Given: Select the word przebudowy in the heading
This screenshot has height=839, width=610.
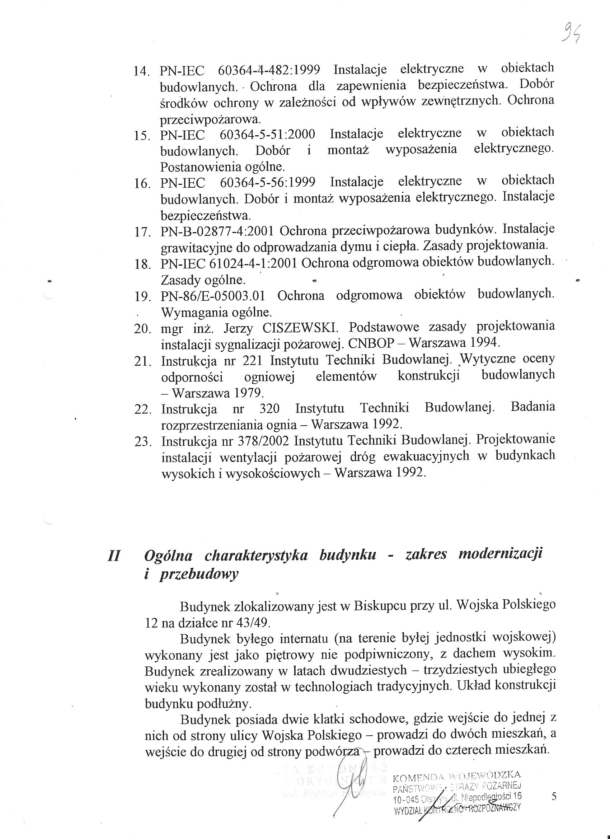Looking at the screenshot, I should [199, 575].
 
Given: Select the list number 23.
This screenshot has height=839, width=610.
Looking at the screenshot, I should [142, 441].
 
